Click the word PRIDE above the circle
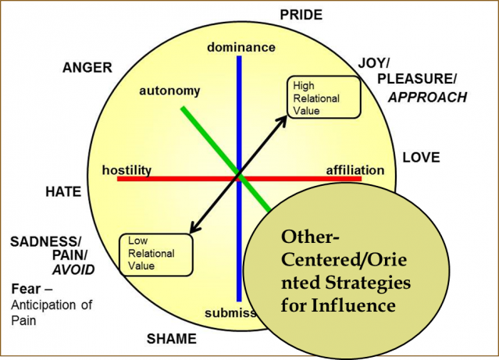(x=301, y=15)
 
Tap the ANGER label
(x=88, y=68)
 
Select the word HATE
(x=63, y=191)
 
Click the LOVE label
(x=422, y=157)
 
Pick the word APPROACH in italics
(x=427, y=98)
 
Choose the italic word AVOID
(x=73, y=269)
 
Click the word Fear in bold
(x=26, y=289)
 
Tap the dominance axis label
(x=241, y=48)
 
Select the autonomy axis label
(x=169, y=91)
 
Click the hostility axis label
(x=127, y=170)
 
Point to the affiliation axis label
(x=355, y=169)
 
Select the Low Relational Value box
(x=156, y=253)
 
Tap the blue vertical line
(x=240, y=117)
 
